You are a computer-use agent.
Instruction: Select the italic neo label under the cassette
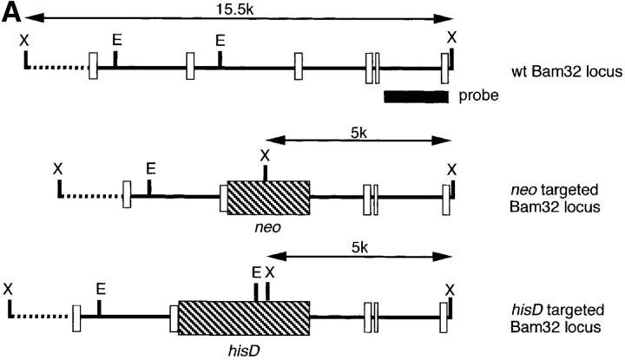tap(266, 228)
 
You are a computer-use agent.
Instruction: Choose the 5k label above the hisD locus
tap(359, 247)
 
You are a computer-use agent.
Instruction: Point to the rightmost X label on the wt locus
tap(451, 36)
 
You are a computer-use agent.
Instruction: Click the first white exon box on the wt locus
tap(93, 66)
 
